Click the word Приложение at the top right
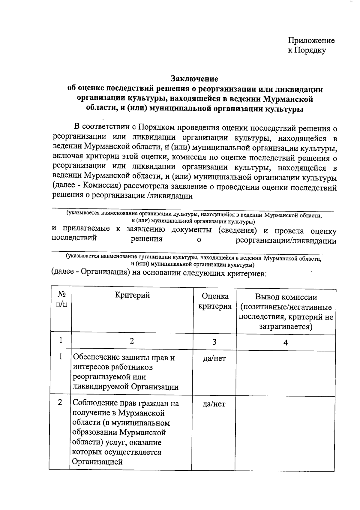311,40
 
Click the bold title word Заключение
194,79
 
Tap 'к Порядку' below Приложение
307,50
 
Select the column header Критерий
132,295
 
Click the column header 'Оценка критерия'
215,301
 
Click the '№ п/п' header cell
61,299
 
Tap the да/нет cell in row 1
214,358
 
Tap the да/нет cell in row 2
214,404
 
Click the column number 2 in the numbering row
132,341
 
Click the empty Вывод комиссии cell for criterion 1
285,373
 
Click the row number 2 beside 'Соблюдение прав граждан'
60,402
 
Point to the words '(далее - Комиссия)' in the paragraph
86,186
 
